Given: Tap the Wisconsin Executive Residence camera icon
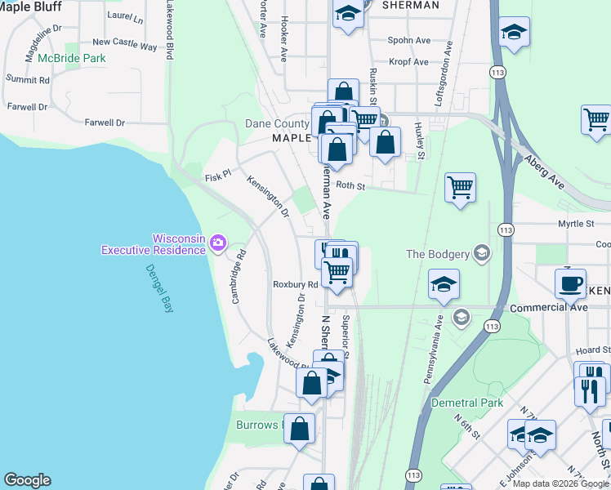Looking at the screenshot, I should [x=217, y=242].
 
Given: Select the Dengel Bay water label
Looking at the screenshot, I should [x=160, y=287].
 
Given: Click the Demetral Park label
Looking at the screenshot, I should [x=467, y=403].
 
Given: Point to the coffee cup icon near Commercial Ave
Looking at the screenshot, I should [x=570, y=283].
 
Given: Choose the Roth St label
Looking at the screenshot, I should [x=349, y=186].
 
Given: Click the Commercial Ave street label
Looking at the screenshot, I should [x=548, y=308].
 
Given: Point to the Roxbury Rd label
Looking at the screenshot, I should [x=295, y=284].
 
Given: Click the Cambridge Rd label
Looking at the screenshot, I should [x=239, y=277].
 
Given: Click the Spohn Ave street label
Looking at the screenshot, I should [x=408, y=40].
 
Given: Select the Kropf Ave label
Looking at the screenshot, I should [x=408, y=62].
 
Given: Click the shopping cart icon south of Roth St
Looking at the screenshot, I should [x=460, y=188].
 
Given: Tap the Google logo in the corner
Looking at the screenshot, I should [x=27, y=480].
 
